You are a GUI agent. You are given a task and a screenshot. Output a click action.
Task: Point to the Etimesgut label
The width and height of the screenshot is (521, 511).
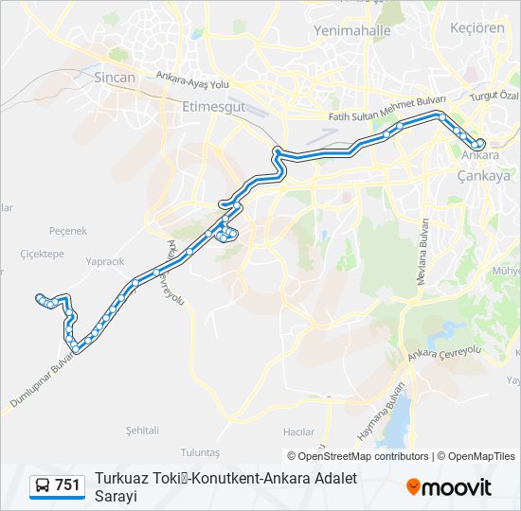coord(212,107)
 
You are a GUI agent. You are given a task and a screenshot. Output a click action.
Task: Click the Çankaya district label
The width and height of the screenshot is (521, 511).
coord(483,175)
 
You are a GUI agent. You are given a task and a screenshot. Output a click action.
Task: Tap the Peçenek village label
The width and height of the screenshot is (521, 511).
coord(67,230)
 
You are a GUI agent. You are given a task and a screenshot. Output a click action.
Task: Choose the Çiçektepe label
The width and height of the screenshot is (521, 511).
coord(42,254)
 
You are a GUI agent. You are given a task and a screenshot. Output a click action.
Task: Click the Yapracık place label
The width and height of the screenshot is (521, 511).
coord(104,261)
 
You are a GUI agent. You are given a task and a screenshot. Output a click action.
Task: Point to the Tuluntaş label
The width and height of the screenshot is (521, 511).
coord(200,453)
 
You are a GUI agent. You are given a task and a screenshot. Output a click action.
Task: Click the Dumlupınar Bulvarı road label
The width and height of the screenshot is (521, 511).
coord(43,381)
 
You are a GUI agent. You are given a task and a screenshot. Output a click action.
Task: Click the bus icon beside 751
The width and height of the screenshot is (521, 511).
coord(43,485)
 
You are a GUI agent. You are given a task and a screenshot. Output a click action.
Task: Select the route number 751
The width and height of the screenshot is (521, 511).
coord(67,485)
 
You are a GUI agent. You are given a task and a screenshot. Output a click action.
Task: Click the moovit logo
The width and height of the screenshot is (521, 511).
coord(449,487)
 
